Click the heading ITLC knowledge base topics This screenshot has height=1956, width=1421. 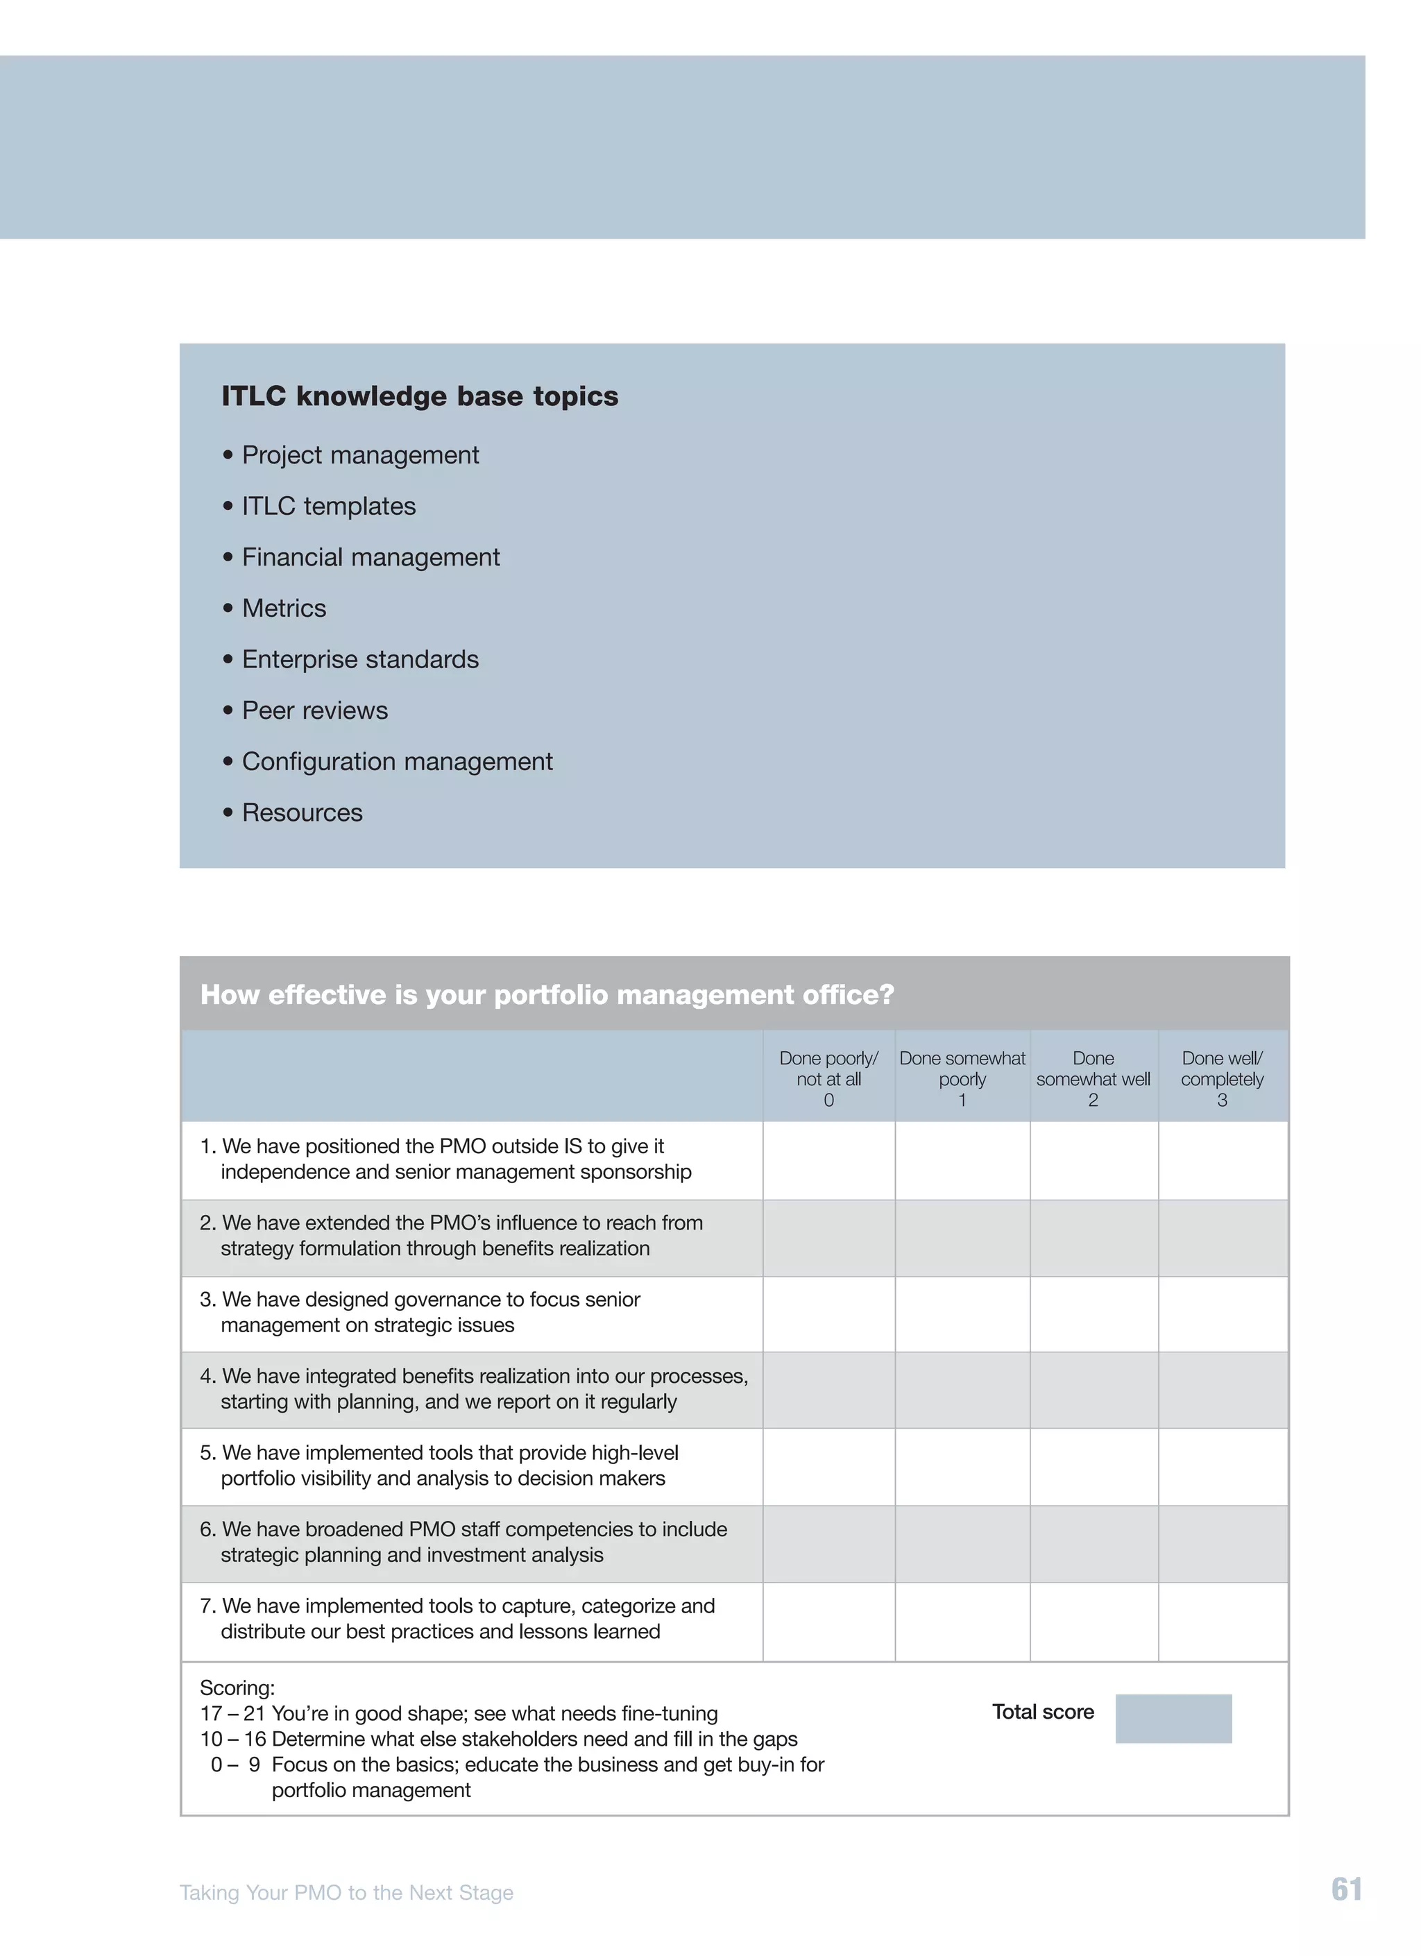419,396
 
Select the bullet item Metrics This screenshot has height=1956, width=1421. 284,608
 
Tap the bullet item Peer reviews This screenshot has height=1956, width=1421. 315,710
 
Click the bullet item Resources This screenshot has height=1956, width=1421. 302,813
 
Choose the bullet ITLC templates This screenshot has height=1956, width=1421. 328,507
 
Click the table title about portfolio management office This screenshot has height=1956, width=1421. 547,994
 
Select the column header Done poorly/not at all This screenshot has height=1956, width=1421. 828,1078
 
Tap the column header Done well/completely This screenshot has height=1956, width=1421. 1222,1078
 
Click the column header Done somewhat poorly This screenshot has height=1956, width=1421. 962,1078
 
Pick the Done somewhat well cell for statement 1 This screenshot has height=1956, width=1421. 1094,1159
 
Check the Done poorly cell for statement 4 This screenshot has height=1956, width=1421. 828,1389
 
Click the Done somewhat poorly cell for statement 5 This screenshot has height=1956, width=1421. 962,1466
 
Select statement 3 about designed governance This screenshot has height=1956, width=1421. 429,1312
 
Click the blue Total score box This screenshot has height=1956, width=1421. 1173,1718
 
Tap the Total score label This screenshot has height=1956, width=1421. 1042,1712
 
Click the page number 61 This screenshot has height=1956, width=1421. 1346,1889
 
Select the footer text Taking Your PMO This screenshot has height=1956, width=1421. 346,1892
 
